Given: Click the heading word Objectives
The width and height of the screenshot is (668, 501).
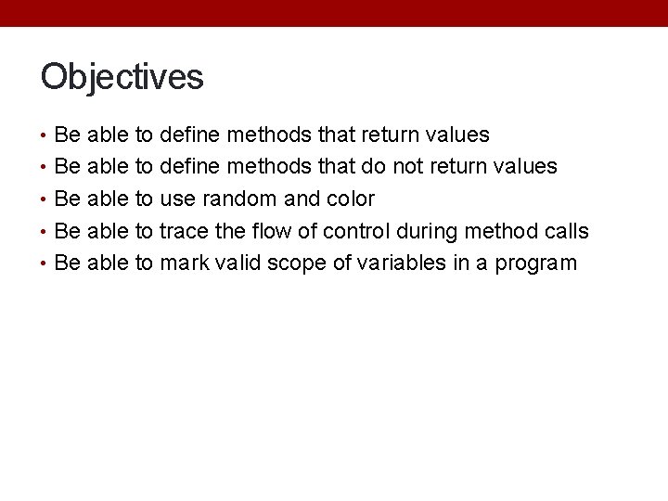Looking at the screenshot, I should coord(122,77).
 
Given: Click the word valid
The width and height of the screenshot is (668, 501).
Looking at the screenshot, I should coord(238,263).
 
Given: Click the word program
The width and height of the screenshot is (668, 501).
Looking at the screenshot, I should coord(535,264).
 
